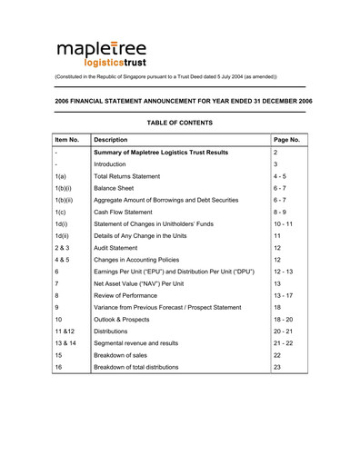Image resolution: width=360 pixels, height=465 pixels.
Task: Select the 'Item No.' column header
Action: [x=67, y=140]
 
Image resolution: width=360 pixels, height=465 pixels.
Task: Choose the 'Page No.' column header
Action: [x=286, y=140]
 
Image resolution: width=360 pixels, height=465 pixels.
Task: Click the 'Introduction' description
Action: [x=113, y=163]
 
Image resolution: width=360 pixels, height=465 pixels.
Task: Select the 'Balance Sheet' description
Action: [x=119, y=187]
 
